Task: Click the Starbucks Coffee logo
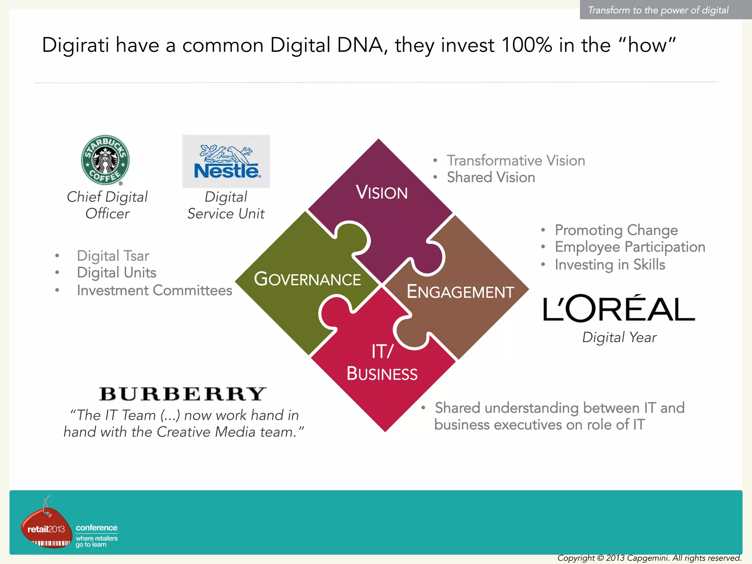105,160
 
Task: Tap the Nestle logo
226,162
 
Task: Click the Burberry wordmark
182,394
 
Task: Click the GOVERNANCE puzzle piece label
307,279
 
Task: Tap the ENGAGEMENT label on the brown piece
460,292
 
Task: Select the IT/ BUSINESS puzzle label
382,363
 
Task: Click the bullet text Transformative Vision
516,160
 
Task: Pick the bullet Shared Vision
491,177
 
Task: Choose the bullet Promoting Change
616,230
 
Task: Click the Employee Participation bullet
630,247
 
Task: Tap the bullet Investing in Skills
610,265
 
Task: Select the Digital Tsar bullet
113,256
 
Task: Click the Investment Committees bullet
154,290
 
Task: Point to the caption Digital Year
619,337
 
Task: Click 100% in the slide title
527,45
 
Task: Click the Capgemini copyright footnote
649,558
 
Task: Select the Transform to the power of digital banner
658,10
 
